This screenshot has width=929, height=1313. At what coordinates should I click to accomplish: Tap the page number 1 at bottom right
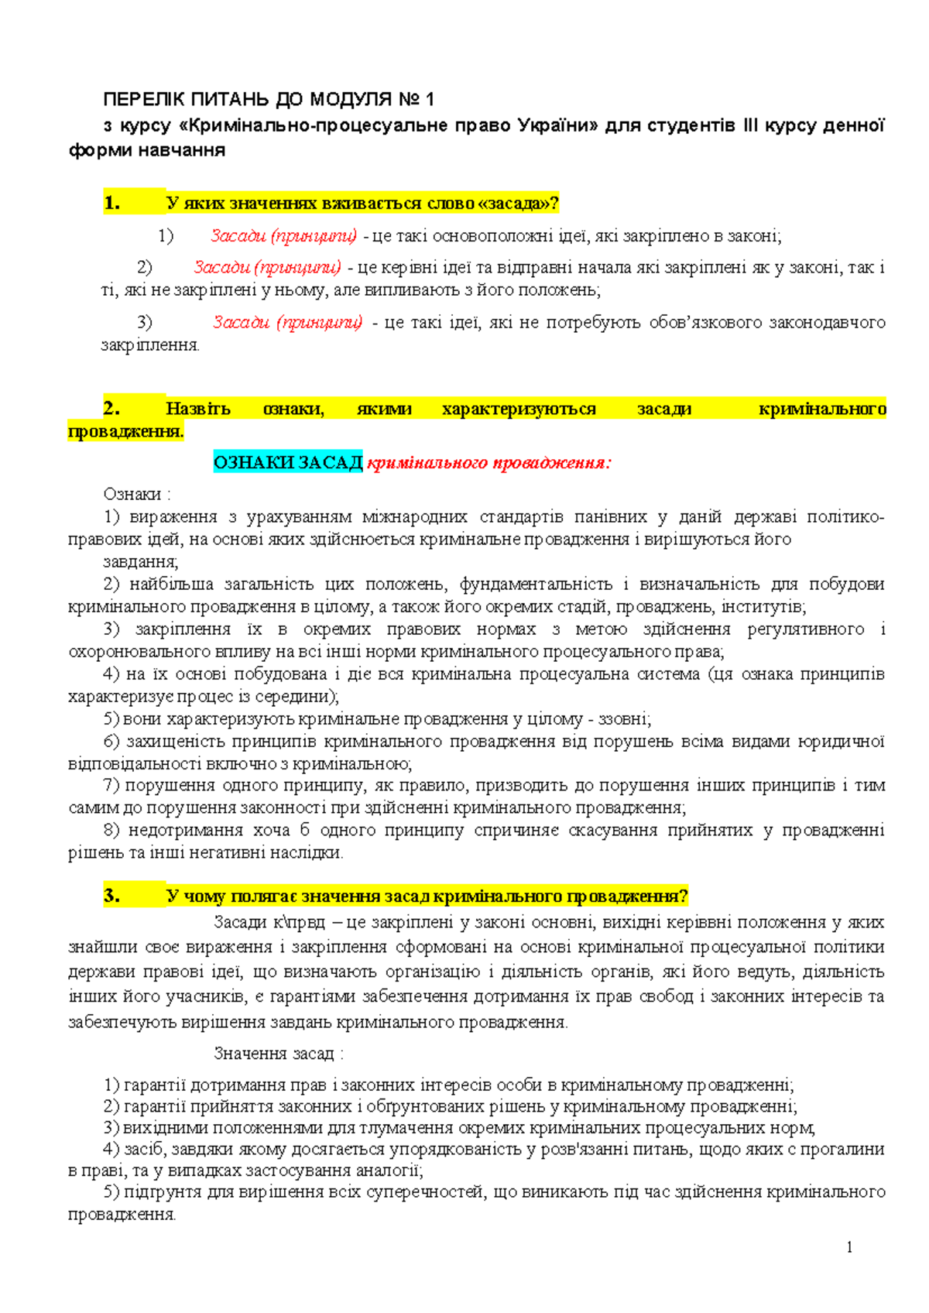pos(849,1246)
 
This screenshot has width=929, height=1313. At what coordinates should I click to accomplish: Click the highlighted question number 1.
pos(111,204)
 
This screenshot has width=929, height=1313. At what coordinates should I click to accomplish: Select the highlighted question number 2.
pos(111,408)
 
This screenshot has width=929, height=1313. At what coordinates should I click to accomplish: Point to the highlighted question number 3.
pos(111,896)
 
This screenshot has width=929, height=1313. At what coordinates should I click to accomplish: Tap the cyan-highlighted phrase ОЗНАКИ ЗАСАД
pos(288,463)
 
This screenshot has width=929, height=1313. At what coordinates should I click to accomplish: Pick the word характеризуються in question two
pos(519,408)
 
